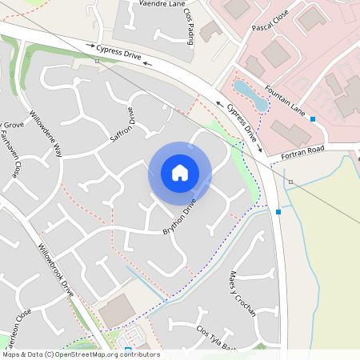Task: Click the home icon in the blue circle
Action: pos(180,173)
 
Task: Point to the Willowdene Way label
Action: pos(46,132)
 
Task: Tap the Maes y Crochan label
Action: pos(242,293)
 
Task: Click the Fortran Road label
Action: pos(301,150)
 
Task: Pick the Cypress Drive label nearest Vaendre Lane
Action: pos(118,54)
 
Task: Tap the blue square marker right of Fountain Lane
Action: pos(313,119)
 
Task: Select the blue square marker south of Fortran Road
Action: pos(278,212)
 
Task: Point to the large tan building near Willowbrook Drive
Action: pos(117,310)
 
